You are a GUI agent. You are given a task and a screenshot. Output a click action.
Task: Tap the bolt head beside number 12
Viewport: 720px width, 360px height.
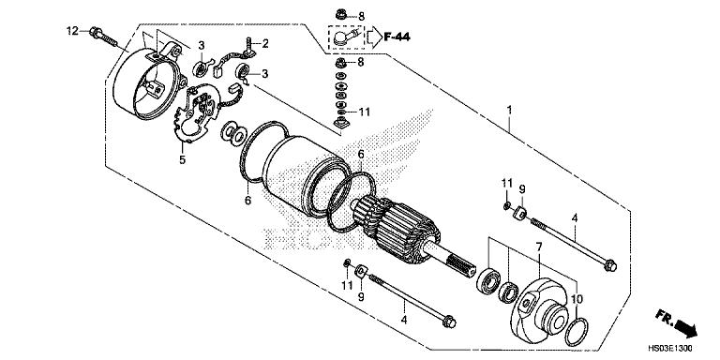click(x=95, y=34)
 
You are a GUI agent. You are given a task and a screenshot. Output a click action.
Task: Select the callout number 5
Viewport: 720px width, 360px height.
click(x=183, y=160)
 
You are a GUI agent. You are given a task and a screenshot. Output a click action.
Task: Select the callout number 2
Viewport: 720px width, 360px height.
click(x=265, y=43)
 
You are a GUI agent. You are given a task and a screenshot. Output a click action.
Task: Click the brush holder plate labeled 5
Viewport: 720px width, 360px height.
click(x=201, y=112)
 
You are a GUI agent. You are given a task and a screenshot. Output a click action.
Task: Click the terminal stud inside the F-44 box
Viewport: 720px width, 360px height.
click(x=349, y=38)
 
